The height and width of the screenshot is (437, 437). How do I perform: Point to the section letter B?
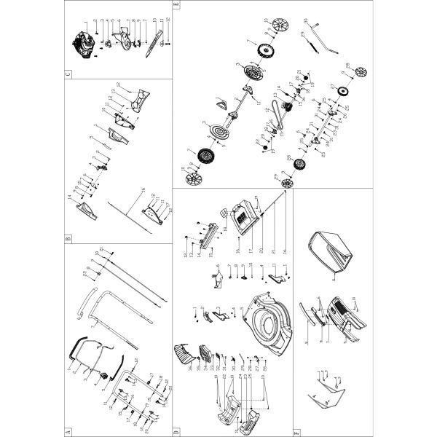point(68,237)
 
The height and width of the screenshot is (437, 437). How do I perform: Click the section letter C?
point(68,73)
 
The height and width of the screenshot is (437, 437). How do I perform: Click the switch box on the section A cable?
point(106,376)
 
